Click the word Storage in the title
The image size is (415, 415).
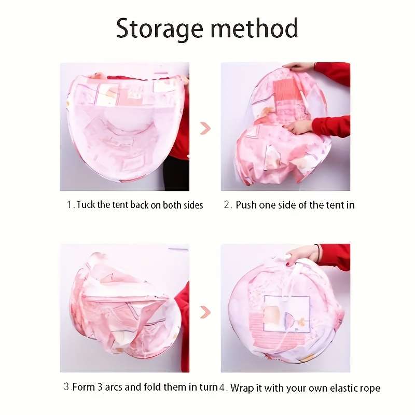tap(160, 29)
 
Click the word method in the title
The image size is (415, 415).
tap(254, 27)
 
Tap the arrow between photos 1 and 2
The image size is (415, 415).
tap(205, 128)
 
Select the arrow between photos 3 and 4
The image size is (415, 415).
tap(205, 312)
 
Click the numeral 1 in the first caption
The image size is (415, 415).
tap(70, 204)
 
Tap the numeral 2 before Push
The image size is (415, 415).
tap(227, 204)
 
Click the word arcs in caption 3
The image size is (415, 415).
tap(114, 387)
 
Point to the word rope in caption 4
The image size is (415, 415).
tap(370, 389)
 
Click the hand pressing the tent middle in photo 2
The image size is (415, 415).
tap(299, 128)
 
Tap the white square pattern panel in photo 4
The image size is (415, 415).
tap(287, 313)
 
